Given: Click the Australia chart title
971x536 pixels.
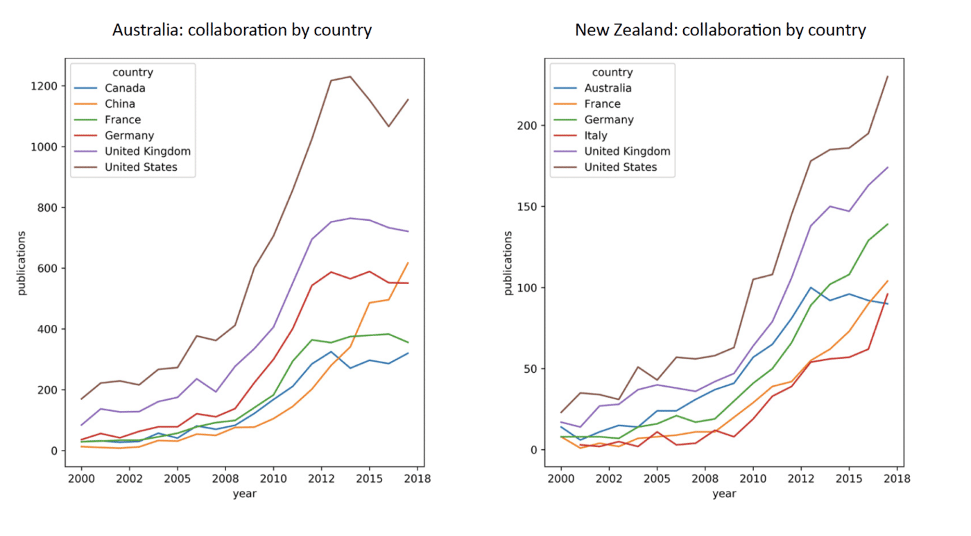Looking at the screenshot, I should tap(242, 31).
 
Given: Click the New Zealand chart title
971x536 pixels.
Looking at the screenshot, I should tap(720, 31).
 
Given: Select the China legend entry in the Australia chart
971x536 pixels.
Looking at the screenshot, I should tap(120, 104).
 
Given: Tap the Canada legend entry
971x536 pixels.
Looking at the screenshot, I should tap(125, 88).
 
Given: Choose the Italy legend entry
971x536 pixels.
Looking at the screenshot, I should tap(596, 135).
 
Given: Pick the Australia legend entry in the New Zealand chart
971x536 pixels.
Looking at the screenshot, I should tap(608, 88).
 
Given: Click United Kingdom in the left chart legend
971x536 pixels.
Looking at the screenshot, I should tap(147, 151).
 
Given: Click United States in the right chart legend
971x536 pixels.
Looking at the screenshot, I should tap(620, 167).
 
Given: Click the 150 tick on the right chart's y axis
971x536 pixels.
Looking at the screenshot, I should tap(526, 207).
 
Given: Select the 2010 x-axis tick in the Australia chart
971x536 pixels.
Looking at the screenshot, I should tap(273, 478).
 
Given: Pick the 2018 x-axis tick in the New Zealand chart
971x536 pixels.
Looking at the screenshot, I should tap(897, 478).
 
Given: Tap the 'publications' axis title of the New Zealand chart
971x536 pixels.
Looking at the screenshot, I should tap(508, 263).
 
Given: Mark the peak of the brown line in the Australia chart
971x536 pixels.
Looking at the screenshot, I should tap(350, 76).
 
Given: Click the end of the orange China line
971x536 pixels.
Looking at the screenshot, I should tap(408, 263).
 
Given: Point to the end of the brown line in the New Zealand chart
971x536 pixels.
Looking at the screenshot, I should tap(888, 76).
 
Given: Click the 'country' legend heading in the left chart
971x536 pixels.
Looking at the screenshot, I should tap(132, 72).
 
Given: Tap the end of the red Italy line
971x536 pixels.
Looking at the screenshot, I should tap(888, 294).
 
